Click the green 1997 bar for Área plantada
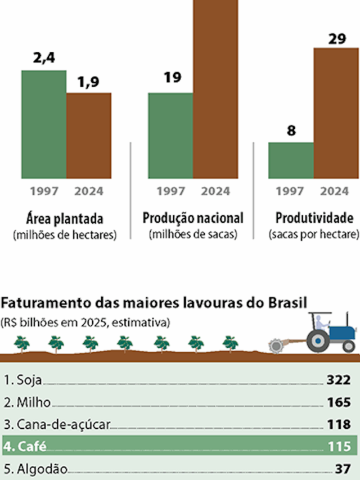pyautogui.click(x=44, y=124)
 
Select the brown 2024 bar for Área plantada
pyautogui.click(x=89, y=136)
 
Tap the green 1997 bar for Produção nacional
pyautogui.click(x=170, y=136)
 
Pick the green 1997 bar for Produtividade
pyautogui.click(x=291, y=160)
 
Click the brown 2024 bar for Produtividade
pyautogui.click(x=336, y=113)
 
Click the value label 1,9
pyautogui.click(x=89, y=83)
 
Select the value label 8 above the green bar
pyautogui.click(x=291, y=132)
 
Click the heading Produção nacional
pyautogui.click(x=193, y=218)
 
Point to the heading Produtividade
pyautogui.click(x=314, y=218)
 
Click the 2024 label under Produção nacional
pyautogui.click(x=215, y=191)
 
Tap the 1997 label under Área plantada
pyautogui.click(x=44, y=191)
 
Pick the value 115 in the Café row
pyautogui.click(x=339, y=447)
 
